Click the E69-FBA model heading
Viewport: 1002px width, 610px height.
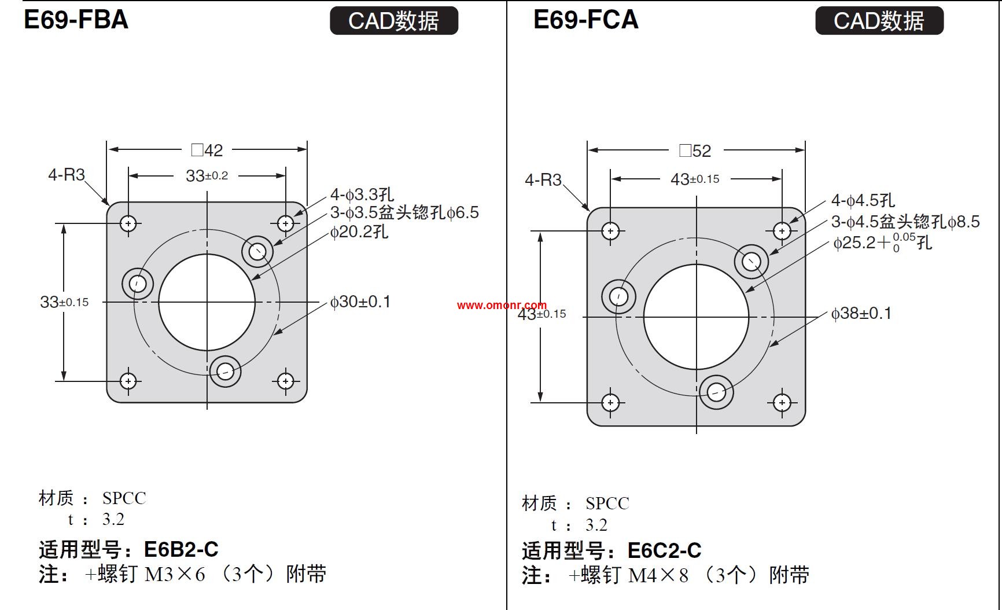(x=76, y=20)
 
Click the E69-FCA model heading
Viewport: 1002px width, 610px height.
(x=585, y=20)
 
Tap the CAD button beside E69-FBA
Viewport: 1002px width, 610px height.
(x=393, y=21)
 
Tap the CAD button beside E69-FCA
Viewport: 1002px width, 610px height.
(x=879, y=21)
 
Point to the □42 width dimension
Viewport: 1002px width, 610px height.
(x=207, y=150)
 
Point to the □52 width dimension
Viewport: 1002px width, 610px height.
(x=695, y=151)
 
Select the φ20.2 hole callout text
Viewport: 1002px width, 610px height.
(x=359, y=232)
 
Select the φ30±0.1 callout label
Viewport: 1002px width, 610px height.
(x=360, y=302)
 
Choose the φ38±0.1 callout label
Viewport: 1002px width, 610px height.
(x=861, y=313)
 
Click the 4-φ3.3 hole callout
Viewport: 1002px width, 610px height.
(x=362, y=194)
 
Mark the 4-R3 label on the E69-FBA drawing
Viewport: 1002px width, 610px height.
(x=67, y=175)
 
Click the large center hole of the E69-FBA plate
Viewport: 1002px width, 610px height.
(x=207, y=302)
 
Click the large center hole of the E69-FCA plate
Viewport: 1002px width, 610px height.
(x=696, y=317)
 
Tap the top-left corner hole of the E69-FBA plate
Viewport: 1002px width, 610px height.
(x=128, y=223)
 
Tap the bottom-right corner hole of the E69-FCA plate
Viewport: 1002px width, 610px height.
(x=782, y=403)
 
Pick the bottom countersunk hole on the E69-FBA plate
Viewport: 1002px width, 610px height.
(x=225, y=371)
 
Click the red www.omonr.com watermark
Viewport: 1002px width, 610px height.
(x=502, y=305)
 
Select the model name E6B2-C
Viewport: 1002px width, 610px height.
(x=181, y=549)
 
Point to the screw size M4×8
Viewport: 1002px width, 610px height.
(x=658, y=575)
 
